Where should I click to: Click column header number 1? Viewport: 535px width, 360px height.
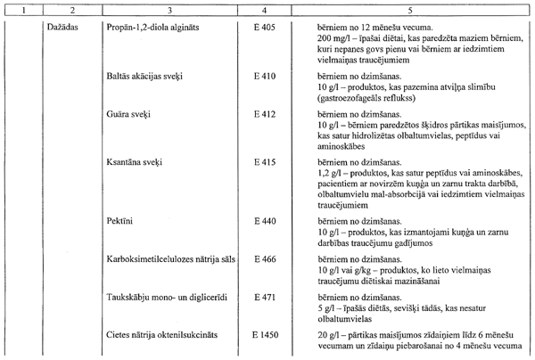coord(21,9)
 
